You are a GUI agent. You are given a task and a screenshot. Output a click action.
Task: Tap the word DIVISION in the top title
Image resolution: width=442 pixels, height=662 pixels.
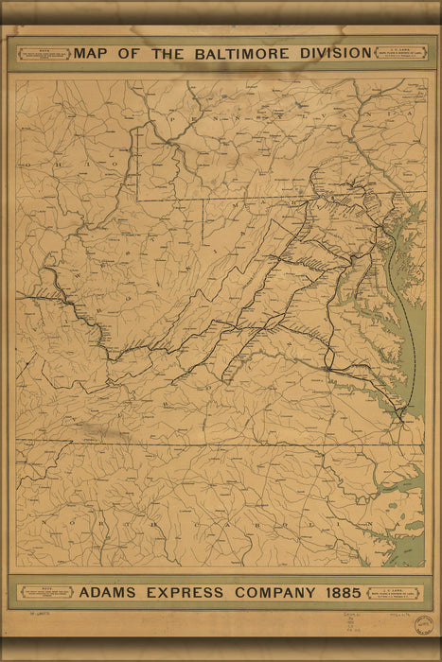click(333, 53)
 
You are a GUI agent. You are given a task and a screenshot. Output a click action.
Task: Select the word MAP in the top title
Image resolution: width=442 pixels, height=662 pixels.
click(95, 53)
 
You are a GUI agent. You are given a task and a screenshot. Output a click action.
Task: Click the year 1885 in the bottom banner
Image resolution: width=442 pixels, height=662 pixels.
click(340, 593)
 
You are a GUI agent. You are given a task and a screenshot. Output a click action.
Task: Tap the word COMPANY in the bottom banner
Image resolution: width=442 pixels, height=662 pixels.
click(273, 593)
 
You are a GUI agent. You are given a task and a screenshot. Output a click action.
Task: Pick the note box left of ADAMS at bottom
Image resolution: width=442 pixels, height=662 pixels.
click(46, 592)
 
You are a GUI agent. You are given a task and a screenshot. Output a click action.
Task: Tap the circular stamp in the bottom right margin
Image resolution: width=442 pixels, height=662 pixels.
click(424, 627)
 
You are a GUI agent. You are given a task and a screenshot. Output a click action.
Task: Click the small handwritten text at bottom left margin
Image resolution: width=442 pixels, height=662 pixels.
click(37, 615)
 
